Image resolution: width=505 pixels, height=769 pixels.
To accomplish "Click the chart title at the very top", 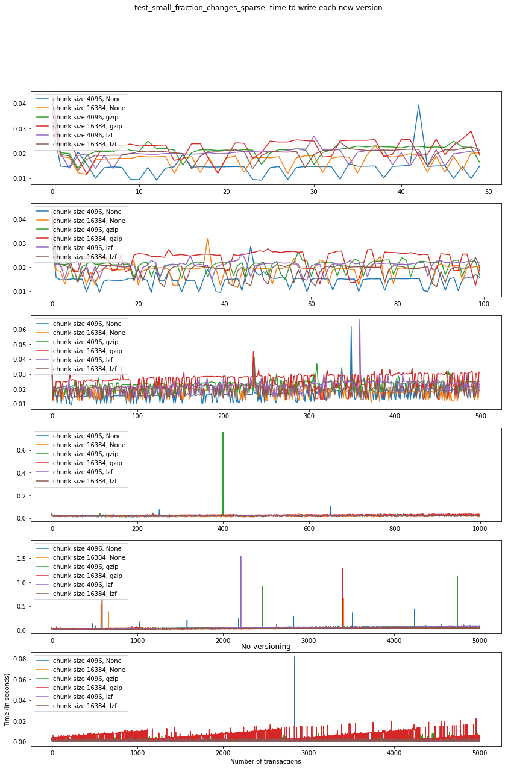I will click(x=258, y=8).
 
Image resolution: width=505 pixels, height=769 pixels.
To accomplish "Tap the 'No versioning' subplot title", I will click(x=266, y=647).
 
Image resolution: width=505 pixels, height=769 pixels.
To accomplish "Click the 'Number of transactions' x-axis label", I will click(x=266, y=761).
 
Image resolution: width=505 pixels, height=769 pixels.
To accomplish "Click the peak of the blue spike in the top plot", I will click(x=418, y=105).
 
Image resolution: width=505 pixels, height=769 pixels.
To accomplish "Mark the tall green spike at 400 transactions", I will click(x=223, y=432).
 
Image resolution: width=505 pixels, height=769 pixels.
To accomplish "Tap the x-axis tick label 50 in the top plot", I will click(x=488, y=192).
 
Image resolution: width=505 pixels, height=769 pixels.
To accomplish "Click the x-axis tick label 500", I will click(x=480, y=416).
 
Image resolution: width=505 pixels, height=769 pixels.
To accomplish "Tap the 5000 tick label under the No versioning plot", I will click(x=480, y=753).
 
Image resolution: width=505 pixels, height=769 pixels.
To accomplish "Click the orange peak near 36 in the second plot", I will click(x=207, y=239).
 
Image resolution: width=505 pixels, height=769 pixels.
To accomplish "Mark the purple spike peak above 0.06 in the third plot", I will click(x=360, y=320).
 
